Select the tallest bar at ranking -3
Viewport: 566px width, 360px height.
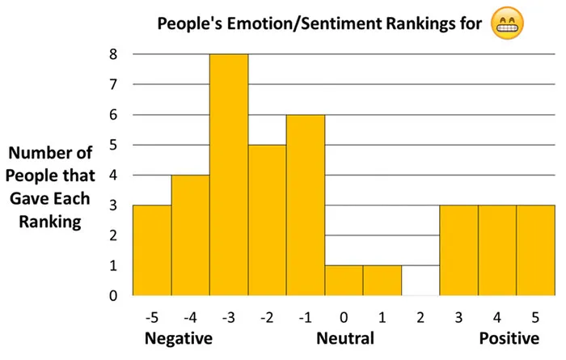229,175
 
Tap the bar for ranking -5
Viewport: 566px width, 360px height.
152,250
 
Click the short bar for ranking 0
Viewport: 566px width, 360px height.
344,280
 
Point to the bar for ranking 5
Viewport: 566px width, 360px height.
535,250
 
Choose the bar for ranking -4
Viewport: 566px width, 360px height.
190,235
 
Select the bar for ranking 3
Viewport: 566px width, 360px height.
458,250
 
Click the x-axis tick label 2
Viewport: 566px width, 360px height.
420,316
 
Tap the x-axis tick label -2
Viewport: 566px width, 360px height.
266,316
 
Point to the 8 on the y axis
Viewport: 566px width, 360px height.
114,55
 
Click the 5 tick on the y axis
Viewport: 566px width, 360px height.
114,146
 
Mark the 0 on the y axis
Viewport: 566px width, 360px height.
114,296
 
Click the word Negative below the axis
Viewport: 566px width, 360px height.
178,338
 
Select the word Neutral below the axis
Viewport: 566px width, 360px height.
344,338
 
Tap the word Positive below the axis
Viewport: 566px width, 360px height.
509,338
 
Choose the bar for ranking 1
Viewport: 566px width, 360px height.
382,280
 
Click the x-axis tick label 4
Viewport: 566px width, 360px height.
497,316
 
